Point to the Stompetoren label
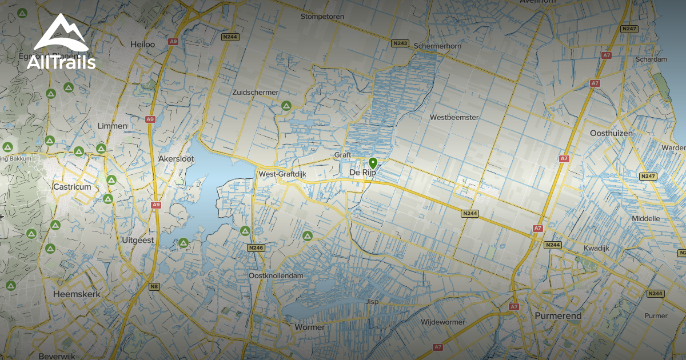(x=322, y=17)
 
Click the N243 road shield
(x=400, y=43)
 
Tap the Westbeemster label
(x=454, y=117)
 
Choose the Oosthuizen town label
(x=611, y=133)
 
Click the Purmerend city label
(x=558, y=315)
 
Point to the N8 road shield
(x=154, y=286)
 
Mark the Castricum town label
(x=72, y=187)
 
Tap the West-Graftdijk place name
(x=284, y=174)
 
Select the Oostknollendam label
(x=276, y=275)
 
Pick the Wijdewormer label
(x=443, y=322)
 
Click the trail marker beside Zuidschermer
(x=286, y=106)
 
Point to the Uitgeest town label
(x=138, y=241)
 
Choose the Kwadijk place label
(x=598, y=247)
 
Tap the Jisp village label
(x=372, y=301)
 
